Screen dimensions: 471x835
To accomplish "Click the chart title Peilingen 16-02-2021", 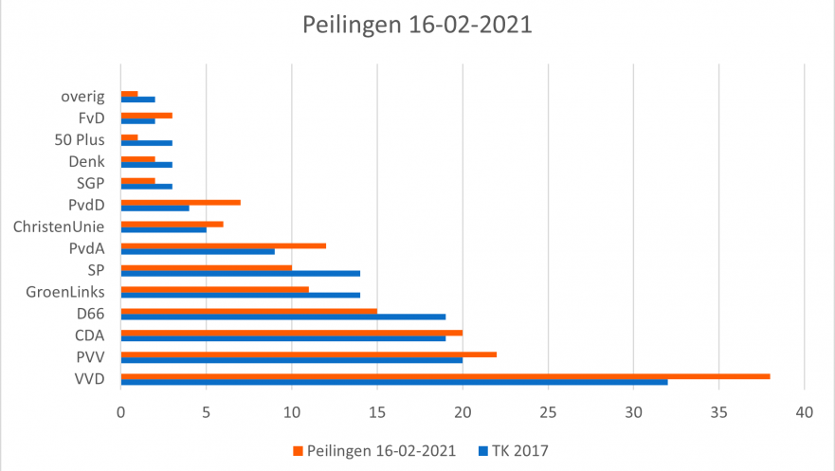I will (417, 25).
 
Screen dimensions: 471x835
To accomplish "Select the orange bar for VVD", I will (445, 376).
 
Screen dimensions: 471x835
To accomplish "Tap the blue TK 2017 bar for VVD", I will (394, 382).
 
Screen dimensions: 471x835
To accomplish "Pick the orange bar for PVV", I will (309, 354).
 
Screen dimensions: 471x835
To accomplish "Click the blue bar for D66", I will (283, 317).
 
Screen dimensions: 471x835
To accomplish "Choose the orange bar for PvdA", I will (224, 245).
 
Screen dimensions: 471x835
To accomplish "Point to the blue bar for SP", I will (241, 273).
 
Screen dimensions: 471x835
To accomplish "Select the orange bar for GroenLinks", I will (215, 289).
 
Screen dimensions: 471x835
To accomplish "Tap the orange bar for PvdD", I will (181, 202).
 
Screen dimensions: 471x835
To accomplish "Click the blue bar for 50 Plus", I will (147, 143).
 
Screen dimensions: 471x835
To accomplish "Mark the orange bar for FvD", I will (147, 116).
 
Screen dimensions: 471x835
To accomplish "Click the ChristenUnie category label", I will (59, 226).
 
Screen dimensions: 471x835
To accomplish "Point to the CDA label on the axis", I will (89, 335).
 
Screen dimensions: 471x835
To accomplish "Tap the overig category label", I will (82, 97).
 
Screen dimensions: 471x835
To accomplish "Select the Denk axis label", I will (86, 162).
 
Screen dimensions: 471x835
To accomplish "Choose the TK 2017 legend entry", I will (513, 450).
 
